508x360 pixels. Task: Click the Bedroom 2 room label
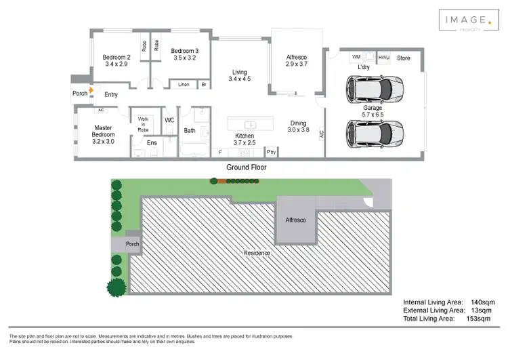[115, 57]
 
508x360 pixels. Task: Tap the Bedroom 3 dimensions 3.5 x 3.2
[184, 58]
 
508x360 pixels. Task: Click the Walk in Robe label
[143, 123]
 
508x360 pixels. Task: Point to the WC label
[170, 120]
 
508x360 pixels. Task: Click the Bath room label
[190, 131]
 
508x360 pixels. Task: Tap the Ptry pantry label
[271, 151]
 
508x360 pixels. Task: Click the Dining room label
[298, 123]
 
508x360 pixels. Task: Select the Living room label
[239, 72]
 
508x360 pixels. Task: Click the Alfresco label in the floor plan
[296, 56]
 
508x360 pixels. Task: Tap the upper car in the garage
[374, 88]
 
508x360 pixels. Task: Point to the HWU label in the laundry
[384, 58]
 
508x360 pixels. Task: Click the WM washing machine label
[356, 58]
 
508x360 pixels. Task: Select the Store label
[404, 58]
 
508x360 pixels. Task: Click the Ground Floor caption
[247, 167]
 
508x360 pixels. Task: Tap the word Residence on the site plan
[257, 253]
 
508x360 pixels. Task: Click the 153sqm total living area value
[478, 318]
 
